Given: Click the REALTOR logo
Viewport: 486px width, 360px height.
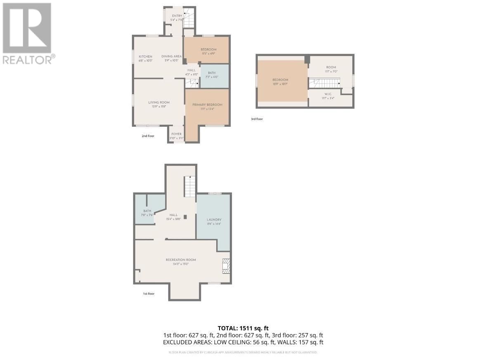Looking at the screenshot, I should [x=27, y=33].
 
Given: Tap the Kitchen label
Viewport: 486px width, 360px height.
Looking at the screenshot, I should [x=145, y=57].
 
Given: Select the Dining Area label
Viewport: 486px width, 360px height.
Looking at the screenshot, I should [x=172, y=57].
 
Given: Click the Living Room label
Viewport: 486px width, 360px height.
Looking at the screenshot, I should [x=159, y=102].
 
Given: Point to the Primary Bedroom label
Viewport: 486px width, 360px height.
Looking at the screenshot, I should [x=207, y=105].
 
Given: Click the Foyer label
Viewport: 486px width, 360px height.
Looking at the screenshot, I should [x=177, y=134].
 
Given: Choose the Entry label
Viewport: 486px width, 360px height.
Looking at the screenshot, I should [x=177, y=16].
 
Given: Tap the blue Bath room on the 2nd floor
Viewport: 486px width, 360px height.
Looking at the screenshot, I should [x=214, y=76].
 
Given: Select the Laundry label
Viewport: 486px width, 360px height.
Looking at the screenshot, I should [x=214, y=220].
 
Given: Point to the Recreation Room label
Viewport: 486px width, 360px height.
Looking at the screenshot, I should [x=181, y=260].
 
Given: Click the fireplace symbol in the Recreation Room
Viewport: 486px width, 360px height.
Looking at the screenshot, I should [x=226, y=266].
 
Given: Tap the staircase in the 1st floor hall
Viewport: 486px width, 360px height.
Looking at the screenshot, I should [x=189, y=186].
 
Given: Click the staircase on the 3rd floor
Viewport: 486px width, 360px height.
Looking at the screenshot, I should [x=325, y=83].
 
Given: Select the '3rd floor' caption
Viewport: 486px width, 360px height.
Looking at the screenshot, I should [x=257, y=119].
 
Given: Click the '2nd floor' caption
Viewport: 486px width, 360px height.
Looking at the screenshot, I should [x=148, y=135].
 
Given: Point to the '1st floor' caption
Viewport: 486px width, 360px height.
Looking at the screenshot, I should [x=149, y=294].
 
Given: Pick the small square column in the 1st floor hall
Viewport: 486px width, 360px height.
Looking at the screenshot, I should [x=185, y=217].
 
